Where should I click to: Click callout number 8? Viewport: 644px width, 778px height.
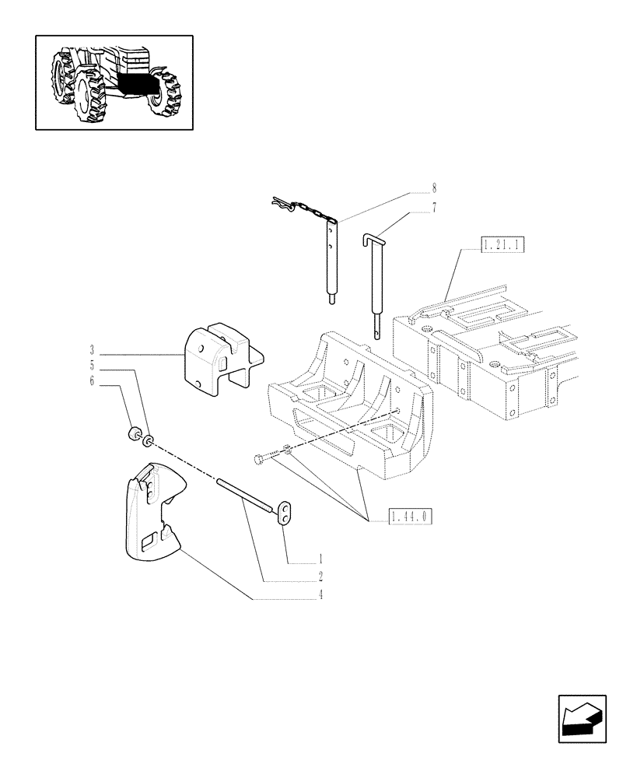[434, 188]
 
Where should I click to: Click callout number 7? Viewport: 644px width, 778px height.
[434, 207]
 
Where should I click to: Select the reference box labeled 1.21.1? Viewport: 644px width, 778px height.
[503, 246]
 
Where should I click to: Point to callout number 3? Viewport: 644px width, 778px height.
[92, 349]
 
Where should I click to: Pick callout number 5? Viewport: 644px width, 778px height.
[92, 365]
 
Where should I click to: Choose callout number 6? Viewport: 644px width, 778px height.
[92, 381]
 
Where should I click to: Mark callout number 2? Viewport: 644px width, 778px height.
[320, 577]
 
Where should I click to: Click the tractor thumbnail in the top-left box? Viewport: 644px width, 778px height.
[114, 82]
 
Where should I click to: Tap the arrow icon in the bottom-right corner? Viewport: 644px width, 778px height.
[582, 719]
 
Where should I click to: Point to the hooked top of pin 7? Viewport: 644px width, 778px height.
[372, 236]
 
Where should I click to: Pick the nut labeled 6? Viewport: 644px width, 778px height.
[133, 433]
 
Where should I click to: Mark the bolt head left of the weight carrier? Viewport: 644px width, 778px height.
[259, 460]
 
